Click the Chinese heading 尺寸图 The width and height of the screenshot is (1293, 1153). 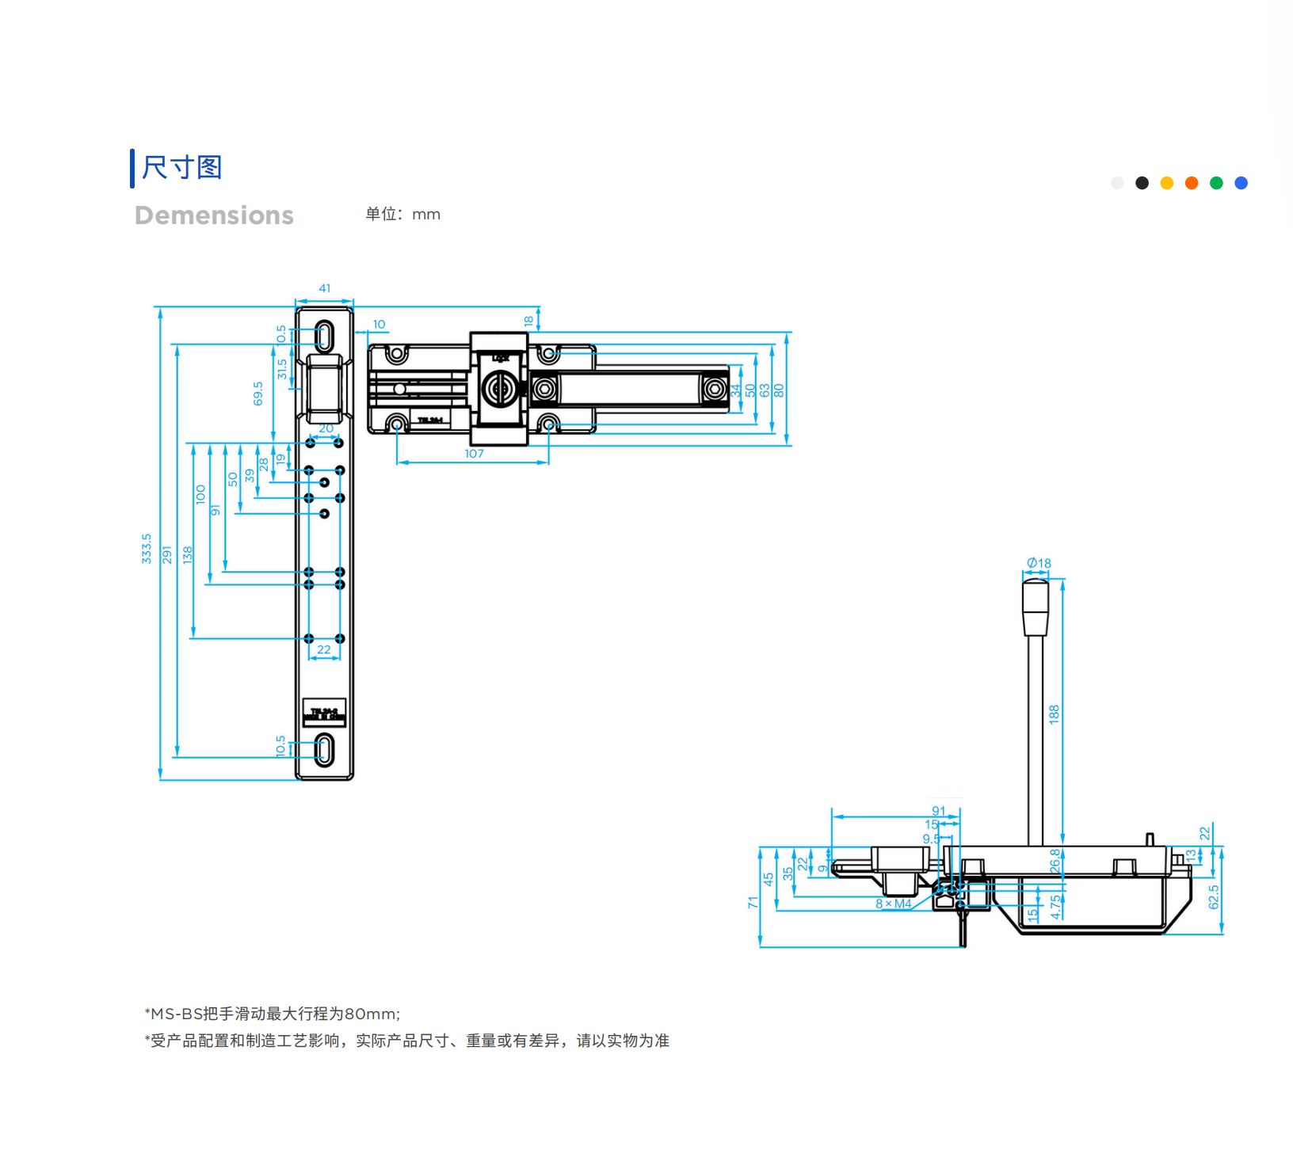[181, 168]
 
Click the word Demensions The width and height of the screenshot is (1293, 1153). [214, 215]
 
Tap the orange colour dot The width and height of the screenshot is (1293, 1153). [1192, 183]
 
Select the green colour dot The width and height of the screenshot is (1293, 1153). [1216, 183]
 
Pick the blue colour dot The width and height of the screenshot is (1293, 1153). [1242, 183]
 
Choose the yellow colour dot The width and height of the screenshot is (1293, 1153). [1167, 183]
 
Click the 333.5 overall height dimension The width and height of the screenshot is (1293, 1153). [147, 548]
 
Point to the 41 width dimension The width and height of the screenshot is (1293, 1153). [325, 289]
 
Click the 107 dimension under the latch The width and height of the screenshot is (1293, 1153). [474, 454]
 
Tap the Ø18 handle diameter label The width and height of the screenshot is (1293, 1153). [1039, 563]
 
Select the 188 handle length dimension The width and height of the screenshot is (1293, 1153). [1055, 713]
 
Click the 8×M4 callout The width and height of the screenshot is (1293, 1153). [893, 904]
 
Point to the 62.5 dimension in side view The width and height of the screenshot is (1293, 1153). [1214, 897]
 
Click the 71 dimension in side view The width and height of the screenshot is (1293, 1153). [753, 902]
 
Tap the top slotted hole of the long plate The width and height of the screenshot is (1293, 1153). [324, 336]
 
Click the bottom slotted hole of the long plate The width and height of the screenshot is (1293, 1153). [324, 749]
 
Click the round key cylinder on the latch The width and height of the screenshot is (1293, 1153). [499, 389]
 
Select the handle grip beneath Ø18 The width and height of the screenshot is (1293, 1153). [1035, 607]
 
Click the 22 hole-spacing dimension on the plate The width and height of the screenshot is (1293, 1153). [324, 650]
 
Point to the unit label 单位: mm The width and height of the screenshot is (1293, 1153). [402, 215]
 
